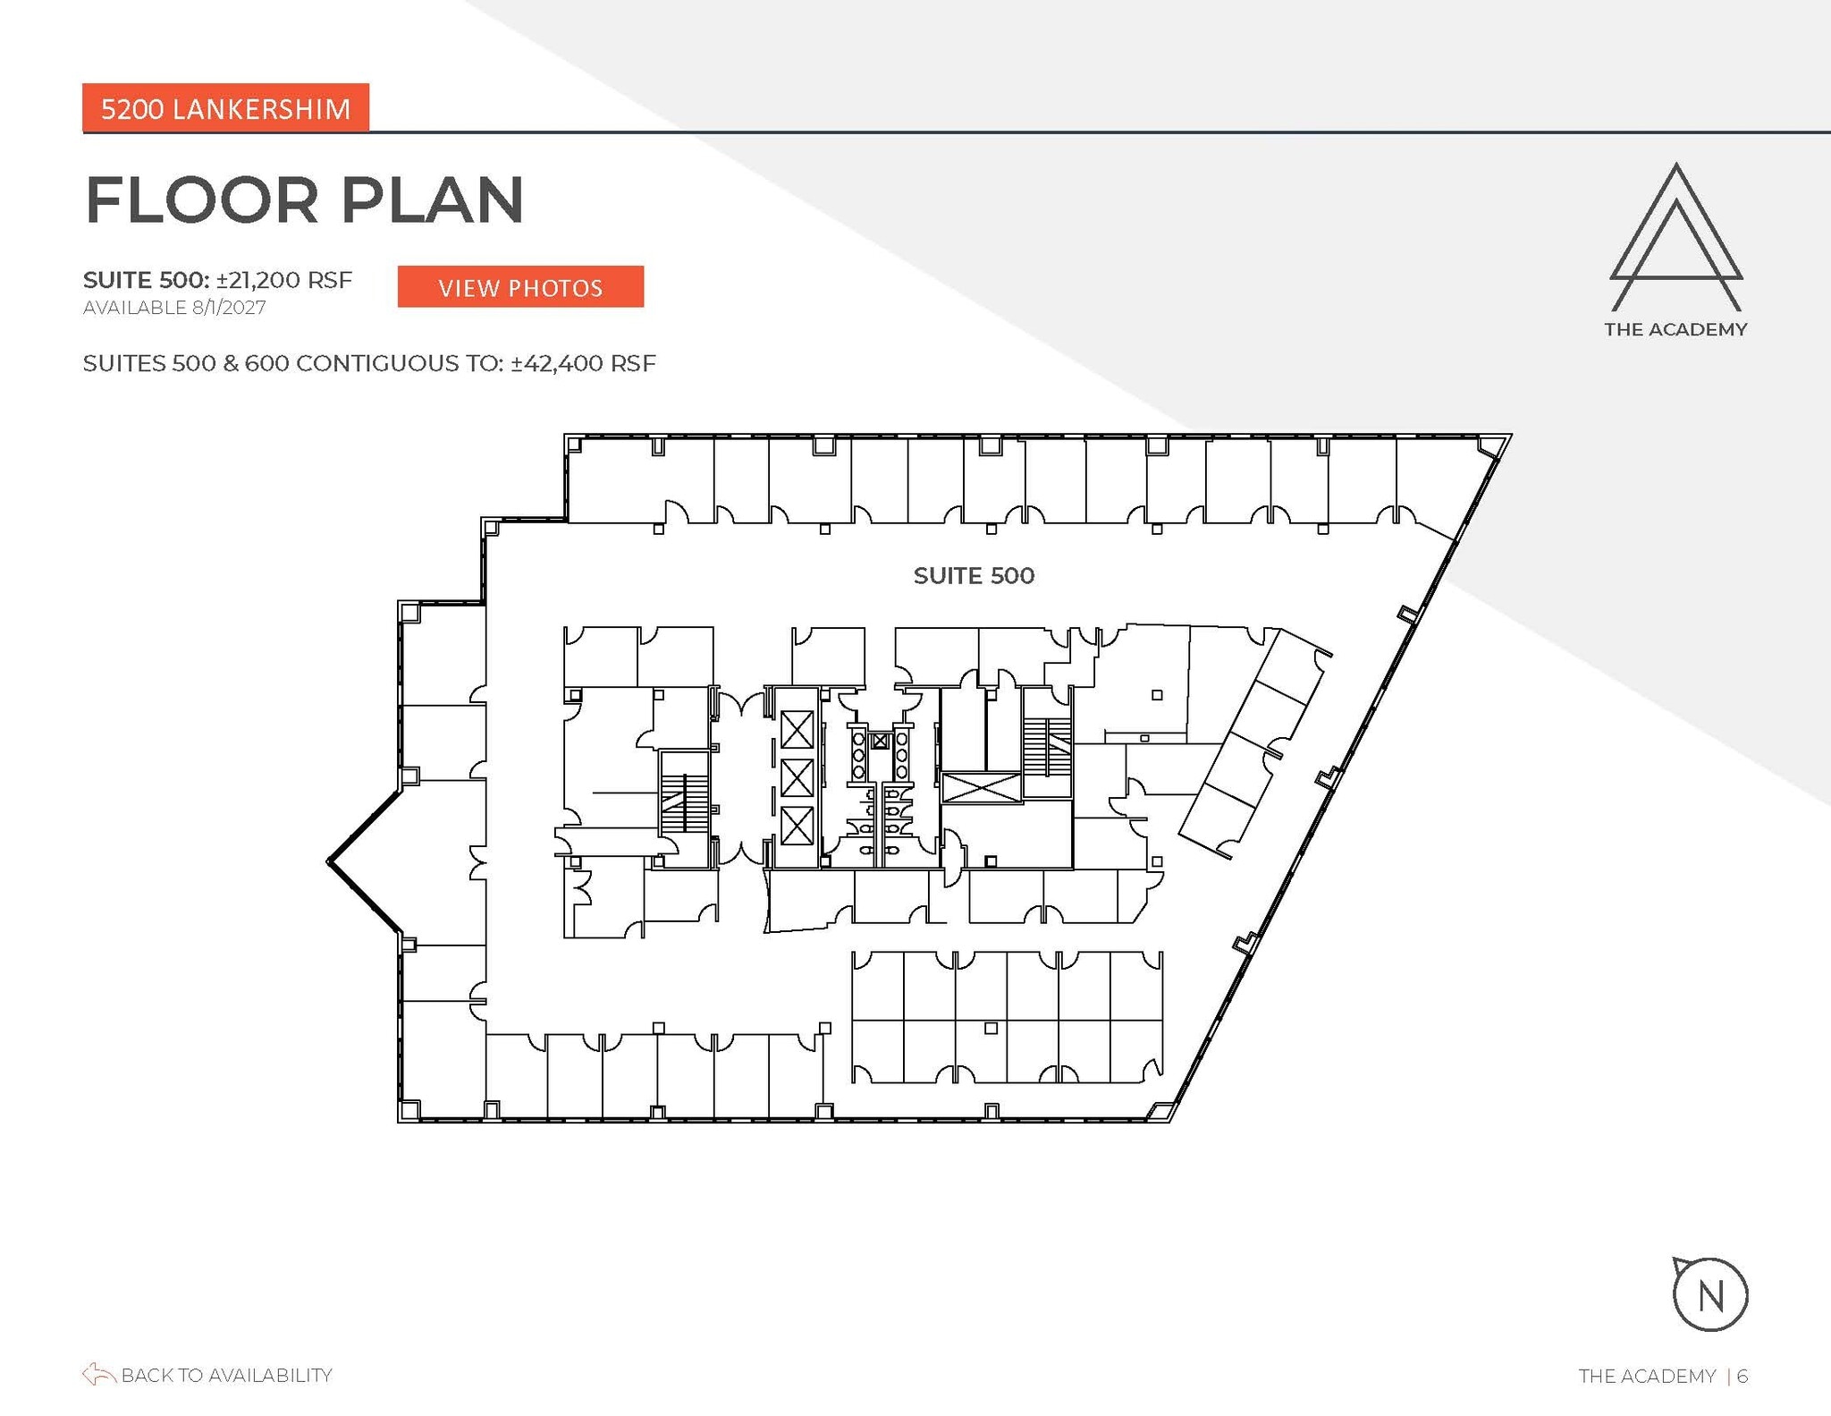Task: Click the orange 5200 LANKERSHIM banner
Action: click(x=225, y=108)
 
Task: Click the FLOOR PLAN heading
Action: click(x=304, y=199)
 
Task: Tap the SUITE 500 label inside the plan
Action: click(x=974, y=575)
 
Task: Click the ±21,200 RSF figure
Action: click(x=284, y=280)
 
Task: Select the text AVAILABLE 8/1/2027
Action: click(x=174, y=308)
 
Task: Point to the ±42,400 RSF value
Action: click(x=583, y=363)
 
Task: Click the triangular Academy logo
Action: click(x=1675, y=237)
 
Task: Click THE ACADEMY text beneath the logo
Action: click(x=1675, y=329)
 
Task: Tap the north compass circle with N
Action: click(x=1709, y=1295)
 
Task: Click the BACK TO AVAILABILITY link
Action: click(x=226, y=1375)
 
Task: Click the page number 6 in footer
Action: click(x=1742, y=1376)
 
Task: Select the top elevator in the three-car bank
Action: click(x=797, y=729)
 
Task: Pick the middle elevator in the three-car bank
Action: click(x=797, y=777)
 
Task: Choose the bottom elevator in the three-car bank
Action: click(x=797, y=826)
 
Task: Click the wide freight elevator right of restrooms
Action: click(x=981, y=788)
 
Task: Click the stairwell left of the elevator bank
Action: click(x=684, y=802)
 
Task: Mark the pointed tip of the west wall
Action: click(x=330, y=861)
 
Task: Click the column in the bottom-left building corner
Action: click(x=409, y=1110)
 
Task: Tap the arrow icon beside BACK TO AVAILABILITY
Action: click(x=98, y=1375)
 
